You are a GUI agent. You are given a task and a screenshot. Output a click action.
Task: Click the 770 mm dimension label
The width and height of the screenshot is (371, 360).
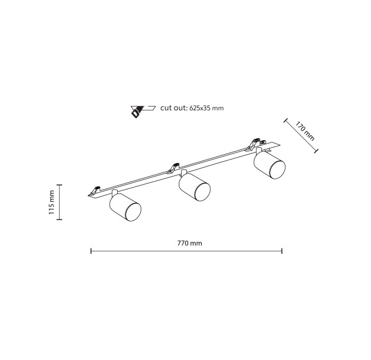(x=189, y=243)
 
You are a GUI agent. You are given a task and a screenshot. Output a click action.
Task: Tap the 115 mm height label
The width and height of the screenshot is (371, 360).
(x=52, y=202)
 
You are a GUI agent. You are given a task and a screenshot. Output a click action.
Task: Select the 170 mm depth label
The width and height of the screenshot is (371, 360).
(x=305, y=131)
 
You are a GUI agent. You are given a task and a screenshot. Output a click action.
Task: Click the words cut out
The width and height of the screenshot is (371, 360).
(x=173, y=108)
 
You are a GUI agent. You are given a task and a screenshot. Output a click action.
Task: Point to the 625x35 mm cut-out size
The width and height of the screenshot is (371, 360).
(x=206, y=108)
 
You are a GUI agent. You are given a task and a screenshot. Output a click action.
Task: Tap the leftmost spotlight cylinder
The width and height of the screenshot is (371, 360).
(x=125, y=207)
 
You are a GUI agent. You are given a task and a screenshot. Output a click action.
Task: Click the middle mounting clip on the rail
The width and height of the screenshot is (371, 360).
(x=173, y=168)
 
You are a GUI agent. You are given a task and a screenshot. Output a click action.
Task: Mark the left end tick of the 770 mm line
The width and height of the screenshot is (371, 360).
(x=91, y=251)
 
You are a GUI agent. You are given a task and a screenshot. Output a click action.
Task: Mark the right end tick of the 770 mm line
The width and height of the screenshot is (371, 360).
(x=282, y=251)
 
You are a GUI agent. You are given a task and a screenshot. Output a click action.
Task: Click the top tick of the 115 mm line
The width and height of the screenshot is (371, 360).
(x=59, y=185)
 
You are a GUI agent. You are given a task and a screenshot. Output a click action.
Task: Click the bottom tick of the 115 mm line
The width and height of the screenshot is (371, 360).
(x=59, y=220)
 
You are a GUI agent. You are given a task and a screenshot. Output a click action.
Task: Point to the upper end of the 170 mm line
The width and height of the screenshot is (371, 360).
(x=285, y=120)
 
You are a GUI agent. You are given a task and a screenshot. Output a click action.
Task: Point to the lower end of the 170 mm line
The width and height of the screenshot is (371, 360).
(x=316, y=151)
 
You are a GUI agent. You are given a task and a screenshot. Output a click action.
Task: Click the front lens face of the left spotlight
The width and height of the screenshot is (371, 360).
(x=133, y=212)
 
